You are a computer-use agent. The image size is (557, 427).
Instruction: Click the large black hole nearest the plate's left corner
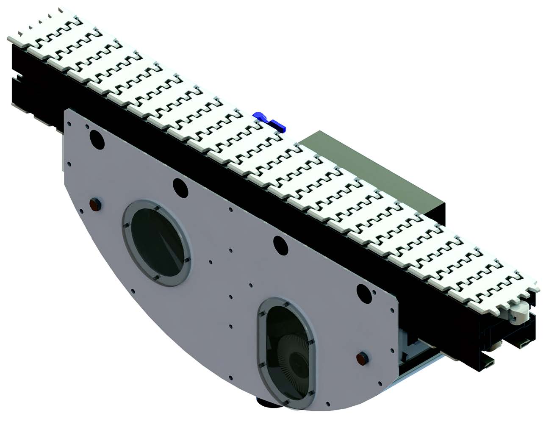coord(96,140)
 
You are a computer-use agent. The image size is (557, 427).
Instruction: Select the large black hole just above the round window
coord(180,187)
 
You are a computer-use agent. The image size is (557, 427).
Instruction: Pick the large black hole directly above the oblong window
coord(280,243)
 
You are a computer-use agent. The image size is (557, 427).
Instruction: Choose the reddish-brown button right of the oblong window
coord(362,358)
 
